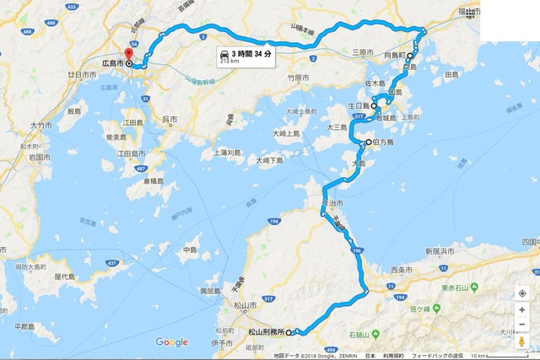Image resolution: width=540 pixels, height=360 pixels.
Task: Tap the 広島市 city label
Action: click(112, 63)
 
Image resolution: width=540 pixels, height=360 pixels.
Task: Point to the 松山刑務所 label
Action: click(267, 332)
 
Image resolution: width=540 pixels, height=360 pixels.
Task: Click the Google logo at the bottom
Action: click(171, 342)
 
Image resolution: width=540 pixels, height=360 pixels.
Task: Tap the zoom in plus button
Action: click(522, 309)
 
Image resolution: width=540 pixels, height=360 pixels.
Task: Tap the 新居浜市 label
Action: click(444, 251)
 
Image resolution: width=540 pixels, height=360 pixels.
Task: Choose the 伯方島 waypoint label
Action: click(384, 142)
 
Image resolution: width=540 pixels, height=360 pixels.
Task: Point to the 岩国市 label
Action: click(40, 157)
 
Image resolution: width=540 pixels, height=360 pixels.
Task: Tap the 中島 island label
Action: click(189, 250)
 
